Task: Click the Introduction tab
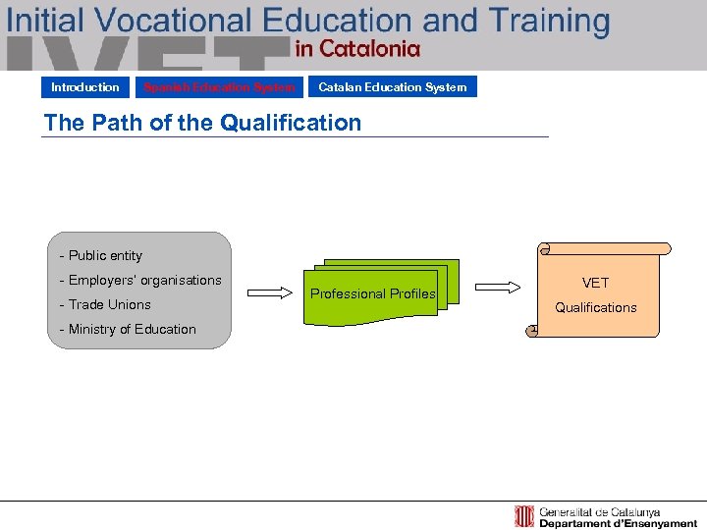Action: coord(85,87)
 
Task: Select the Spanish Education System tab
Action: coord(219,87)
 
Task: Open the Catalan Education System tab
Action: coord(393,87)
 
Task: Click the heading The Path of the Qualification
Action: coord(202,123)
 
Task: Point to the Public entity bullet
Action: coord(101,255)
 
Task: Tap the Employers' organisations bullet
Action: coord(141,280)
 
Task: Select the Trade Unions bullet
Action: coord(106,304)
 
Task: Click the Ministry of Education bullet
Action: coord(129,329)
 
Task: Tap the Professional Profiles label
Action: coord(373,293)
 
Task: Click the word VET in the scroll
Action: coord(595,283)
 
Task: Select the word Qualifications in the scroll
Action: coord(595,307)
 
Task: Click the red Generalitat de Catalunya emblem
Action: coord(524,516)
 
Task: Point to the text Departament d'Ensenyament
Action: coord(618,524)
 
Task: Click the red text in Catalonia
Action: coord(357,48)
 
